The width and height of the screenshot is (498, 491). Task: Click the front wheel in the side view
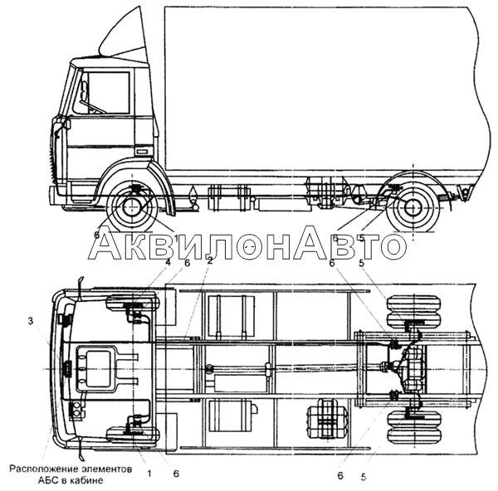131,207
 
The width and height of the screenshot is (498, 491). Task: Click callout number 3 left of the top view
30,321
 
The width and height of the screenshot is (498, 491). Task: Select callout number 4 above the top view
168,262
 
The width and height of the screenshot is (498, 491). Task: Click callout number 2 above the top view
210,261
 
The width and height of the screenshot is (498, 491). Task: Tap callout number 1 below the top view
149,474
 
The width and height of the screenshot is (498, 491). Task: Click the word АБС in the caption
47,480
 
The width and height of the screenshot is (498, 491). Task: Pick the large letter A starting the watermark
105,242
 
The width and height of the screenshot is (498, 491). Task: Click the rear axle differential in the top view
412,369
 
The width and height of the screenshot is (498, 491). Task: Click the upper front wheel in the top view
134,302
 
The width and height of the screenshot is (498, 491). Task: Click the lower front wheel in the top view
134,435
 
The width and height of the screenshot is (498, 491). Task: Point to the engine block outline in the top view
95,369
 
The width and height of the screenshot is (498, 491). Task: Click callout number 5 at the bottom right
364,477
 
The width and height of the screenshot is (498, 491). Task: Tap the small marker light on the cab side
142,152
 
